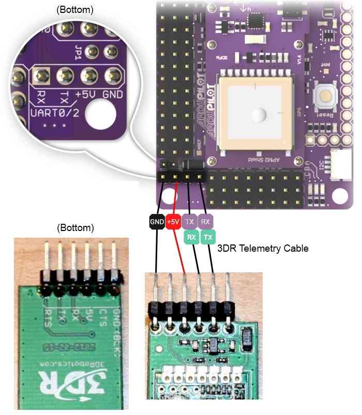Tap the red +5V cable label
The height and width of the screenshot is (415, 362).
pyautogui.click(x=173, y=222)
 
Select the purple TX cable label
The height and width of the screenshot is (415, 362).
pyautogui.click(x=189, y=222)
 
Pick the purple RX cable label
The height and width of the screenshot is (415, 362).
pyautogui.click(x=205, y=222)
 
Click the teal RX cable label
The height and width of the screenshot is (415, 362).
pyautogui.click(x=191, y=237)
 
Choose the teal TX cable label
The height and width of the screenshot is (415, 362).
pyautogui.click(x=208, y=237)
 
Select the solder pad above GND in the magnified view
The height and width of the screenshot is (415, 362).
pyautogui.click(x=113, y=77)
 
